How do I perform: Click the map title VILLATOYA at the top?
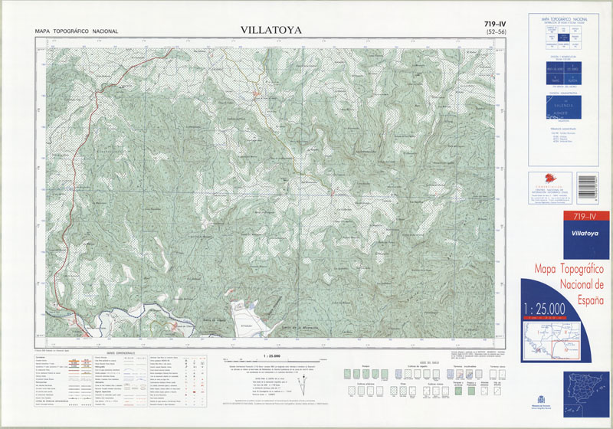(270, 31)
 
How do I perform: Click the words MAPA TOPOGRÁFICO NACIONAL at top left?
(77, 31)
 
